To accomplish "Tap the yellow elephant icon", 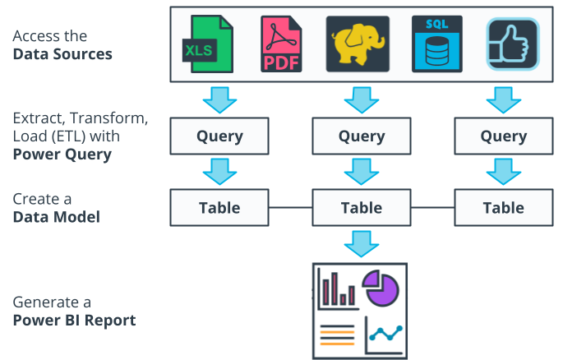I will (x=358, y=44).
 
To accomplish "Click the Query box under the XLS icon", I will (x=219, y=136).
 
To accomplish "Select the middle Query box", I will (x=362, y=136).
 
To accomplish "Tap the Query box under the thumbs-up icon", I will (x=503, y=136).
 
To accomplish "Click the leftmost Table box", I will (x=219, y=207).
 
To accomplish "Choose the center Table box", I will (x=362, y=207).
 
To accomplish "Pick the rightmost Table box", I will (x=503, y=207).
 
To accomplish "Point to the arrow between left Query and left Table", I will (x=219, y=172).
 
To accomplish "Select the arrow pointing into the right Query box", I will (x=503, y=100).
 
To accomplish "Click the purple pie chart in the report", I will (x=381, y=288).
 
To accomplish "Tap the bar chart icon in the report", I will (x=337, y=289).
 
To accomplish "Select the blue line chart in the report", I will (x=385, y=334).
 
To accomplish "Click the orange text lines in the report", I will (x=336, y=334).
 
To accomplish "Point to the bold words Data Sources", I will (x=62, y=54).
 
